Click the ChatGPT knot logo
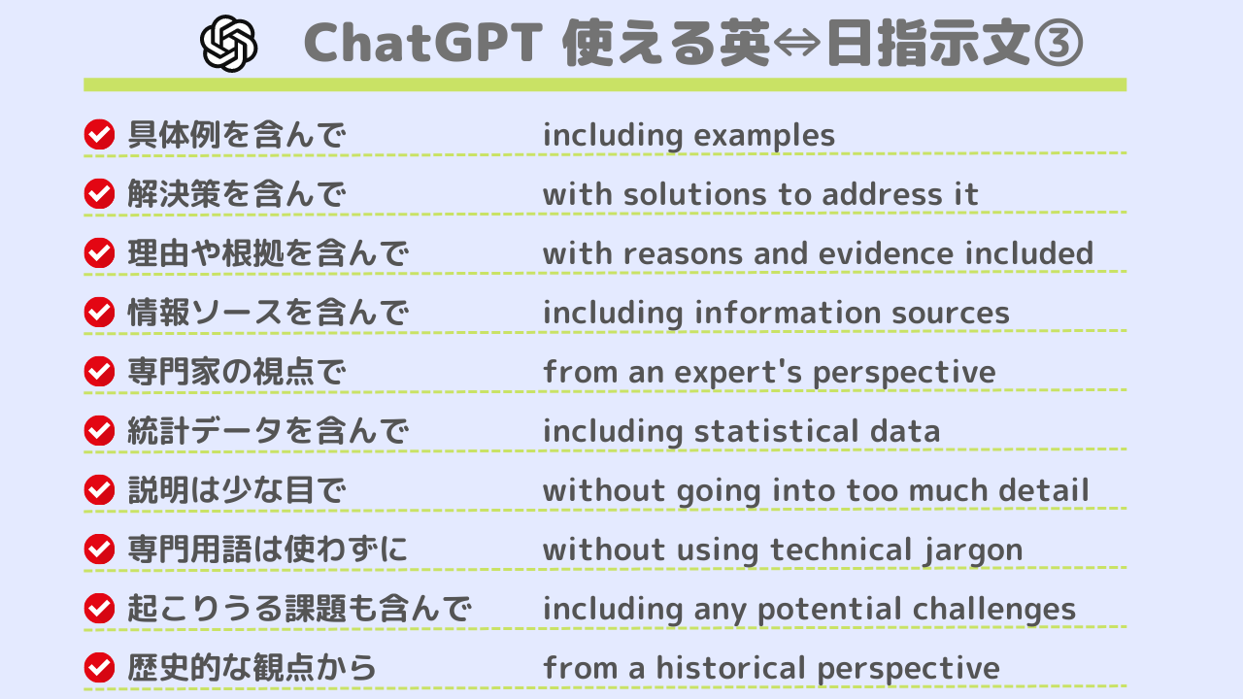(x=228, y=44)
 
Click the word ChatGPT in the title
(x=423, y=43)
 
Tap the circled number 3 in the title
(x=1058, y=44)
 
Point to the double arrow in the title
(x=796, y=44)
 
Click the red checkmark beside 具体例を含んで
(x=99, y=134)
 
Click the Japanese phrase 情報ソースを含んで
(x=268, y=313)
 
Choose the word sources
(x=951, y=314)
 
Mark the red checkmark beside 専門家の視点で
(x=99, y=371)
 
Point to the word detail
(x=1044, y=490)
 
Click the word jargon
(x=973, y=550)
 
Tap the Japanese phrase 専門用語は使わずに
(x=268, y=549)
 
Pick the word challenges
(x=994, y=610)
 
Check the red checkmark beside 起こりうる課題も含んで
(x=99, y=608)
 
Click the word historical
(x=731, y=668)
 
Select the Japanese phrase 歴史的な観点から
(x=252, y=667)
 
